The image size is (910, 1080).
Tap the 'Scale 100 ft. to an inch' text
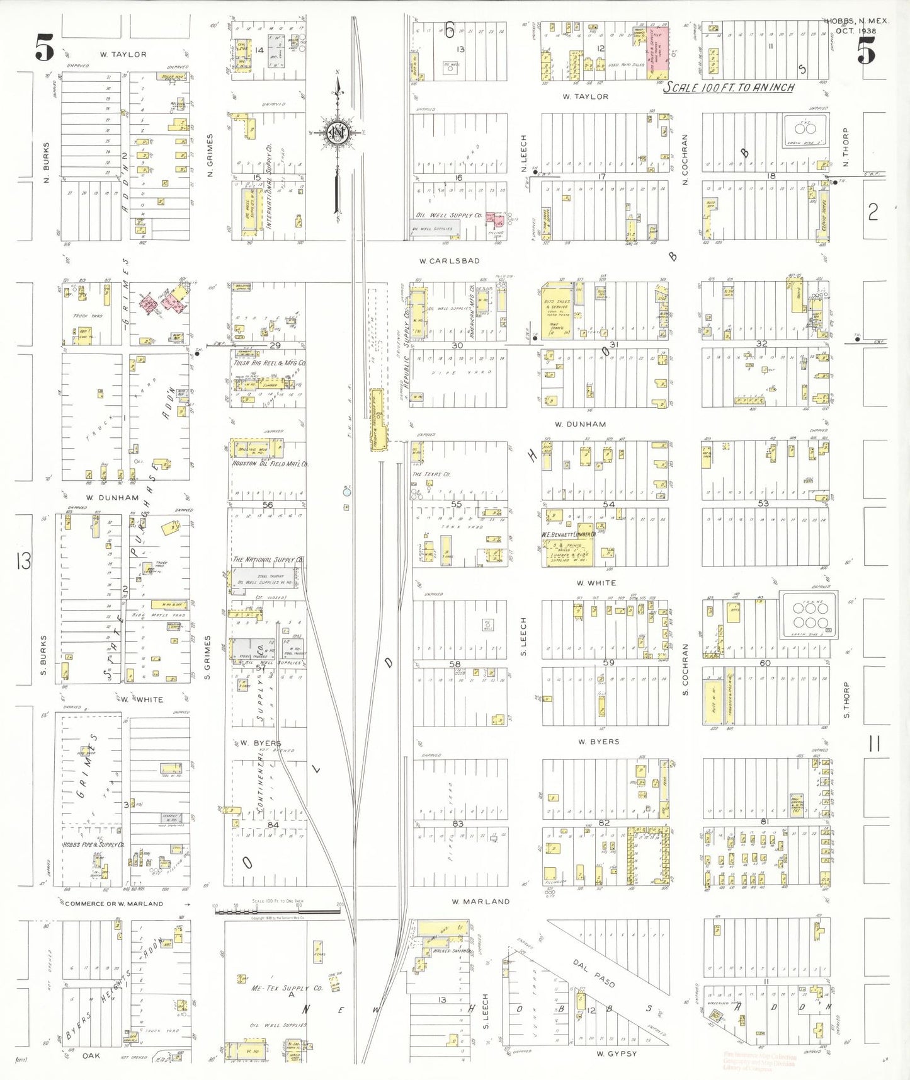(729, 88)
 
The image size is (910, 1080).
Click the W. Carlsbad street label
(450, 260)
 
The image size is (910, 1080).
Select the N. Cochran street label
(685, 159)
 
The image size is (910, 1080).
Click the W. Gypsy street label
(617, 1054)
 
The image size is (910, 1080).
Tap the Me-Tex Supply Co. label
(287, 988)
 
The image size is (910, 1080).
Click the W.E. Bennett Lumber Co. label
(568, 534)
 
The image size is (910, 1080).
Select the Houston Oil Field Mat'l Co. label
(270, 464)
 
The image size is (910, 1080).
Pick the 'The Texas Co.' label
(431, 474)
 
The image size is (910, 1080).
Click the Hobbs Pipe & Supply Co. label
(93, 844)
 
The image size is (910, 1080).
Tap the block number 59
(608, 662)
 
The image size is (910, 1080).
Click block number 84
(273, 825)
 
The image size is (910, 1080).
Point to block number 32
(762, 344)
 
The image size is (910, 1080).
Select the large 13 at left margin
(24, 560)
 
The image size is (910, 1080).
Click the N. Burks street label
(46, 163)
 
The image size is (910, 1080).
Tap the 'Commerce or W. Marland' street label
(114, 904)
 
